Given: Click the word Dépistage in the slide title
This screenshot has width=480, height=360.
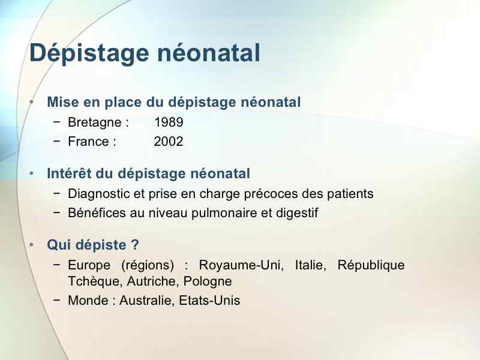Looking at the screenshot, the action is pyautogui.click(x=89, y=53).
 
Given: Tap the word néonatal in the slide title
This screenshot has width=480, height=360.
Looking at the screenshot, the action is pyautogui.click(x=208, y=53).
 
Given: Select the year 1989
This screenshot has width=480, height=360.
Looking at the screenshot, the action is pyautogui.click(x=169, y=122).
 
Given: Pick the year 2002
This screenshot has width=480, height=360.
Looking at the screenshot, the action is pyautogui.click(x=169, y=142).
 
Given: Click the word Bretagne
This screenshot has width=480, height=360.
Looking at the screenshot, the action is pyautogui.click(x=95, y=123).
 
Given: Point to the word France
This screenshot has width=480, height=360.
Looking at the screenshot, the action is pyautogui.click(x=88, y=142).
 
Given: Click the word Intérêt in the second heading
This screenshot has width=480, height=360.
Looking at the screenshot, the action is pyautogui.click(x=69, y=173).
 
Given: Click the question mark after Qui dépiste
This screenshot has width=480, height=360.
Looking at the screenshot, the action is pyautogui.click(x=135, y=245).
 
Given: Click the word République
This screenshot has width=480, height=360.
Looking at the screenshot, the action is pyautogui.click(x=371, y=265).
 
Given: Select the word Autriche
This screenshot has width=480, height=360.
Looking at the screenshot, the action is pyautogui.click(x=153, y=281).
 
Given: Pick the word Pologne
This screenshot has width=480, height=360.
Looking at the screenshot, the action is pyautogui.click(x=208, y=281).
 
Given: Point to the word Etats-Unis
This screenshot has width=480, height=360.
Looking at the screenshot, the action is pyautogui.click(x=209, y=301).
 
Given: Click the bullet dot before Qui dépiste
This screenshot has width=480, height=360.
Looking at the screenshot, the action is pyautogui.click(x=32, y=245).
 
